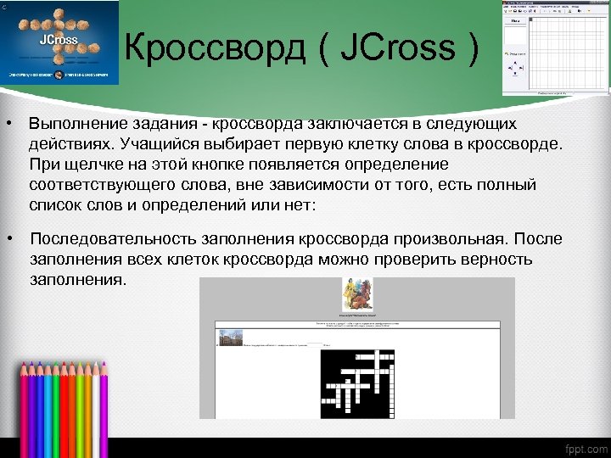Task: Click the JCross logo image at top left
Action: tap(59, 42)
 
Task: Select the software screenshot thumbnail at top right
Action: tap(555, 47)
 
